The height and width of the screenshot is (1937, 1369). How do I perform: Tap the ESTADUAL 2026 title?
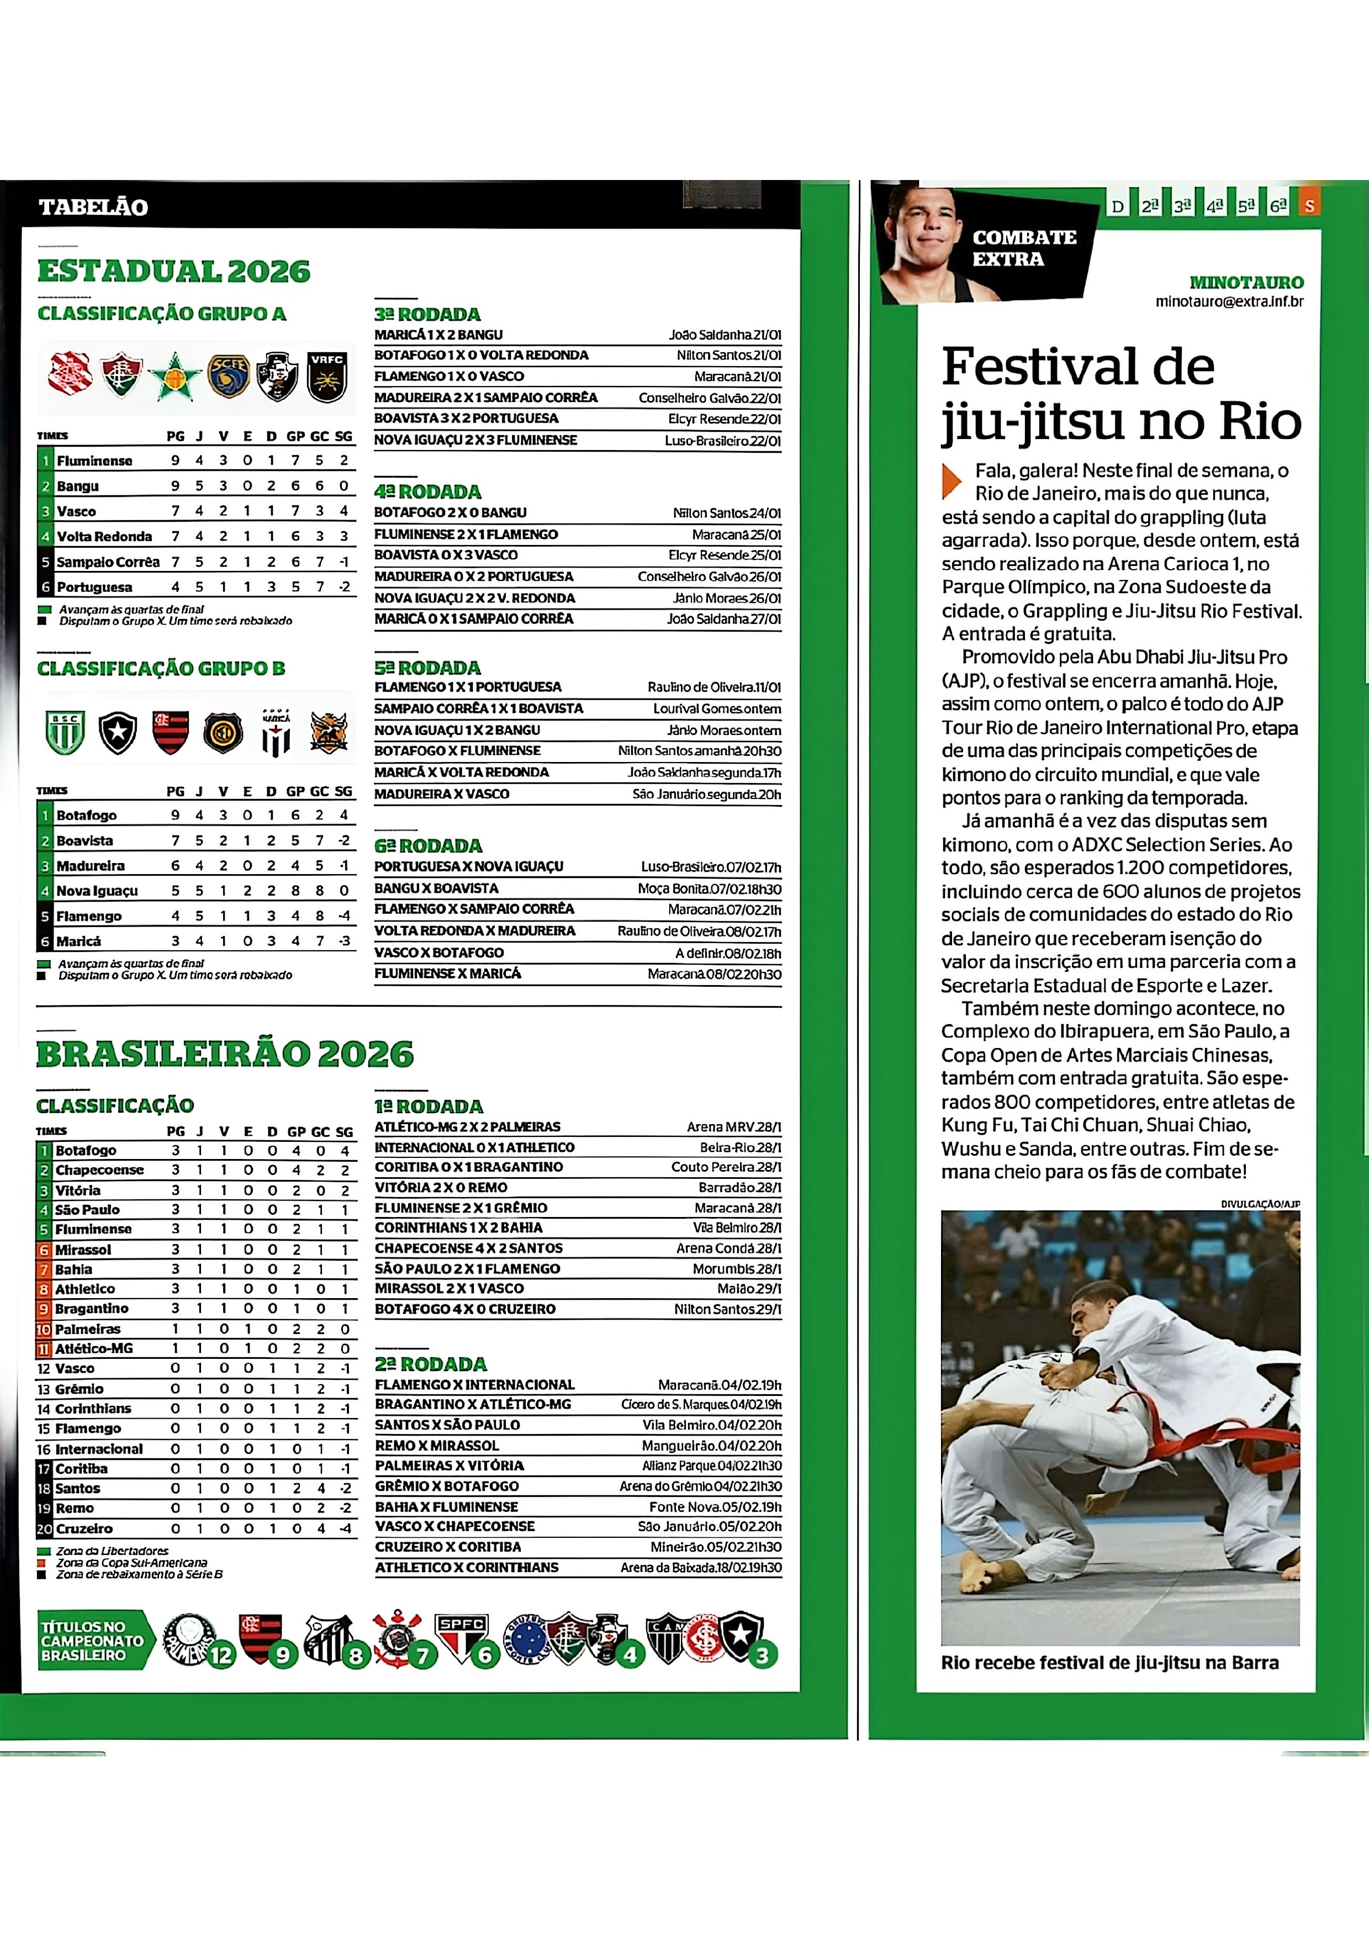click(174, 272)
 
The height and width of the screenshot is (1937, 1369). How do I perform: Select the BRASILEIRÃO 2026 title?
click(225, 1054)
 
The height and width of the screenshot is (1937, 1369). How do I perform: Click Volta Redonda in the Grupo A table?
click(104, 537)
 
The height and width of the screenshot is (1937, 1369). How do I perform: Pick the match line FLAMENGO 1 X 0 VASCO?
click(449, 376)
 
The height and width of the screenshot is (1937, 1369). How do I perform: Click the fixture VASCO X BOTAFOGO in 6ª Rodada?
click(438, 952)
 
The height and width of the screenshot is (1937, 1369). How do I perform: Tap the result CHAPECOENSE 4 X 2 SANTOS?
click(468, 1248)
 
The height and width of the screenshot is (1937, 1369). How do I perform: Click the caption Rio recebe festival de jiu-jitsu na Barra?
click(1109, 1663)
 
